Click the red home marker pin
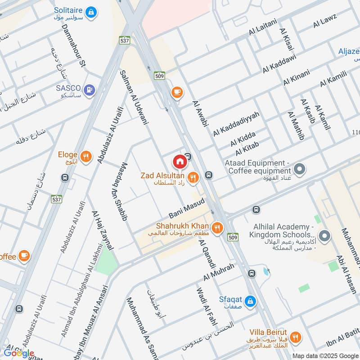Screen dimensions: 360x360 click(x=179, y=161)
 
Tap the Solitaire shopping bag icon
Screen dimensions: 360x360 click(x=91, y=13)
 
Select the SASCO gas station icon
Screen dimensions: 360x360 click(x=90, y=90)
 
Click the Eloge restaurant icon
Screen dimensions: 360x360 click(x=87, y=157)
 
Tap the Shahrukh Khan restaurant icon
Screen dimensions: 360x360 click(x=218, y=228)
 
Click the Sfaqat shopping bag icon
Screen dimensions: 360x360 click(x=251, y=301)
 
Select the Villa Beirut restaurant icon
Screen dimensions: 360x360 click(x=295, y=337)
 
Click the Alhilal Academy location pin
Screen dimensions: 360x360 click(x=324, y=235)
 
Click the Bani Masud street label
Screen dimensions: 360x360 click(x=187, y=208)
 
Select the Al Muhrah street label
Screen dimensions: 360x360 click(x=219, y=272)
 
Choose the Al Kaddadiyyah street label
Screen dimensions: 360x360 click(x=236, y=124)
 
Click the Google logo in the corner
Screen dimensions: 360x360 click(x=18, y=353)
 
